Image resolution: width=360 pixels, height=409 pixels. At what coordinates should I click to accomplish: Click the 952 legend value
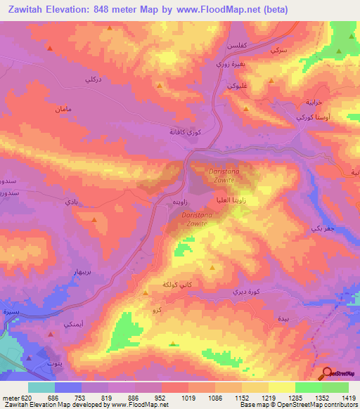click(162, 397)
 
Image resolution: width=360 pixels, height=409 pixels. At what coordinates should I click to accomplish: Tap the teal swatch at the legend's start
click(41, 387)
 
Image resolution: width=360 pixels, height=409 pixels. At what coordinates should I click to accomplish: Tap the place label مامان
click(62, 110)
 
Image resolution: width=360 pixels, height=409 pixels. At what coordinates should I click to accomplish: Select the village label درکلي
click(94, 80)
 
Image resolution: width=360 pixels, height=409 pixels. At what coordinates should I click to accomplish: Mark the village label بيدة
click(283, 319)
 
